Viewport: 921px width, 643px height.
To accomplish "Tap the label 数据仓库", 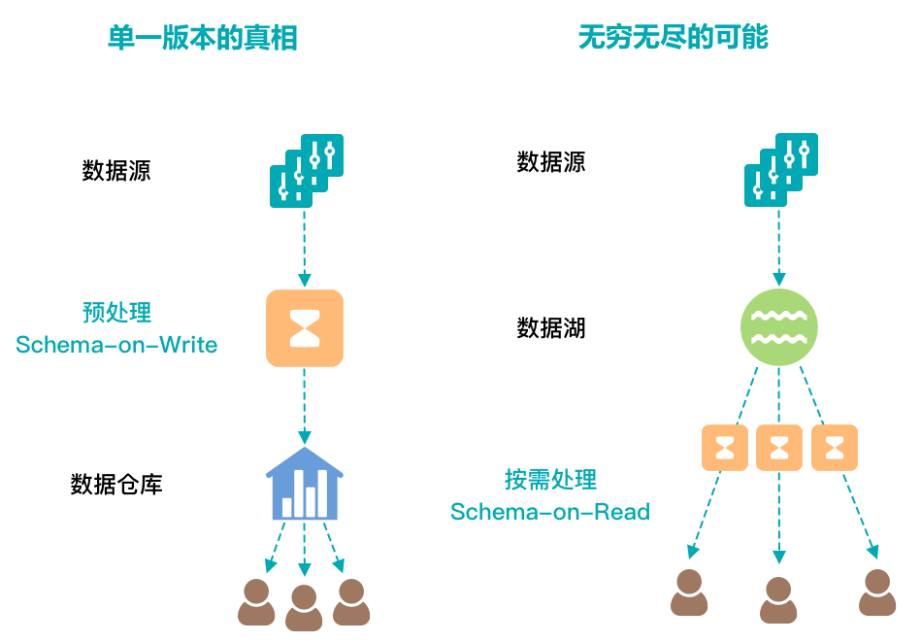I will (116, 484).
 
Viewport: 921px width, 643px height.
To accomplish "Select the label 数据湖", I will (551, 328).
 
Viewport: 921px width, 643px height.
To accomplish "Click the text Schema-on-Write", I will (116, 345).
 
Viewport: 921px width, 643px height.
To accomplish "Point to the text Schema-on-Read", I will (550, 512).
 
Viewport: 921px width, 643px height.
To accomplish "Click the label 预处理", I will (116, 313).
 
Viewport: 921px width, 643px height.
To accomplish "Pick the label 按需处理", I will (550, 479).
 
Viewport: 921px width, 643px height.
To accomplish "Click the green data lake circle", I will (779, 327).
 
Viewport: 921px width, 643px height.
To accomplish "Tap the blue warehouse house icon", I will (305, 483).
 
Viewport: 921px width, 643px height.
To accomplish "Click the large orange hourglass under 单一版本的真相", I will (305, 328).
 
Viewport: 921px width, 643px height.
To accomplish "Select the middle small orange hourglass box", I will (779, 448).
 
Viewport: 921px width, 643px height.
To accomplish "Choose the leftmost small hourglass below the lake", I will (725, 448).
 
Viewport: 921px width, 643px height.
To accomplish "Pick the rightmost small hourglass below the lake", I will (835, 448).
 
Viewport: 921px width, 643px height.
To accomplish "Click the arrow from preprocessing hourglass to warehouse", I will (305, 406).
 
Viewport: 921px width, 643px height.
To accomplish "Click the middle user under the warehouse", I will (304, 607).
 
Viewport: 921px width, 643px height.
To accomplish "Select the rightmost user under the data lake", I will (877, 592).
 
